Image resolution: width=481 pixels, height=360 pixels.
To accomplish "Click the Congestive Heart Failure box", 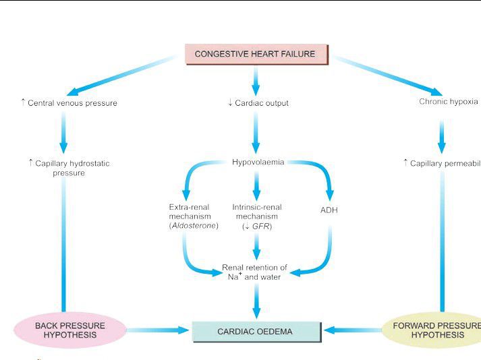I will pyautogui.click(x=255, y=54).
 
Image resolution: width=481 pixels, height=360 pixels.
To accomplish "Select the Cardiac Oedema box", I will pyautogui.click(x=255, y=332).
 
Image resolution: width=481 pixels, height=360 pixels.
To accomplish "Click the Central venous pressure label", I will pyautogui.click(x=69, y=103).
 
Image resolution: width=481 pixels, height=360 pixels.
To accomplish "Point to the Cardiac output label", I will pyautogui.click(x=258, y=103).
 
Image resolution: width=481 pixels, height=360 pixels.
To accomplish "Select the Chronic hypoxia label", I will pyautogui.click(x=448, y=102).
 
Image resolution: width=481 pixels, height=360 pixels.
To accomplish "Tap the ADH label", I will pyautogui.click(x=329, y=210).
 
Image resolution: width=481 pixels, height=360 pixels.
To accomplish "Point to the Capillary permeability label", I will pyautogui.click(x=443, y=163).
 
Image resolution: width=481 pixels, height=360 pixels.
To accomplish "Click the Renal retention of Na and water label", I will pyautogui.click(x=254, y=272).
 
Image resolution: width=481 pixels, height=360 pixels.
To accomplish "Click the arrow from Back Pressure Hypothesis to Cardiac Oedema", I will pyautogui.click(x=157, y=330).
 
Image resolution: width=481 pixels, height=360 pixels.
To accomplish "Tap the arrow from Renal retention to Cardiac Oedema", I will pyautogui.click(x=255, y=300).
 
